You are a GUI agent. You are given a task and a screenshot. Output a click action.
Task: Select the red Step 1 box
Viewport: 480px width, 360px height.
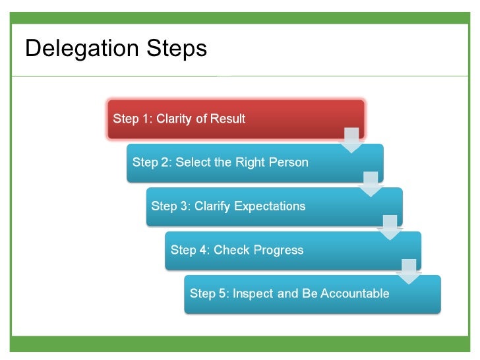(235, 119)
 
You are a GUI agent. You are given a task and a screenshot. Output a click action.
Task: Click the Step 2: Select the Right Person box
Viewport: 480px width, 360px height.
(255, 163)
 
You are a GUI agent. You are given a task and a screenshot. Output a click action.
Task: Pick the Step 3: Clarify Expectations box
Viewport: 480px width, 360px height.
(274, 206)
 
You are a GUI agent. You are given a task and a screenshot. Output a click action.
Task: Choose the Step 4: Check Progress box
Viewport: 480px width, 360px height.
(293, 250)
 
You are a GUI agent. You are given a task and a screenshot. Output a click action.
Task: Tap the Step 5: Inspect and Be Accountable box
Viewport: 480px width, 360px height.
(312, 294)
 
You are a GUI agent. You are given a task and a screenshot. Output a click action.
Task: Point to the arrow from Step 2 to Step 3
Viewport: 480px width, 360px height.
(371, 184)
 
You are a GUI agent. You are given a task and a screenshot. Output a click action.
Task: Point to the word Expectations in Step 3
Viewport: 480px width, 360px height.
(270, 206)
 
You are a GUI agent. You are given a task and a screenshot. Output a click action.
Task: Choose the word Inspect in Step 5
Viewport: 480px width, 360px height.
(253, 294)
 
